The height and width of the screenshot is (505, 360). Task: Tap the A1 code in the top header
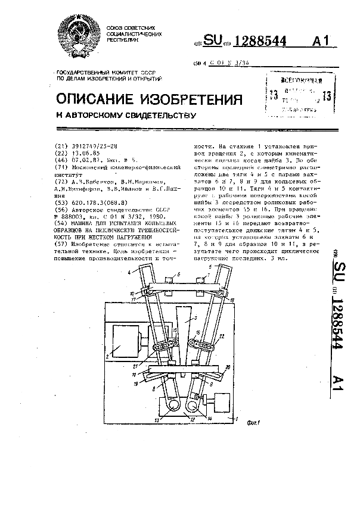320,41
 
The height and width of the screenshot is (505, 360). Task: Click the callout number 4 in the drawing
128,272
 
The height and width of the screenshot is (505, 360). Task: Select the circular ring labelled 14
194,405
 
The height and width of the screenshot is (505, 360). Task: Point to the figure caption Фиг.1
255,423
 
